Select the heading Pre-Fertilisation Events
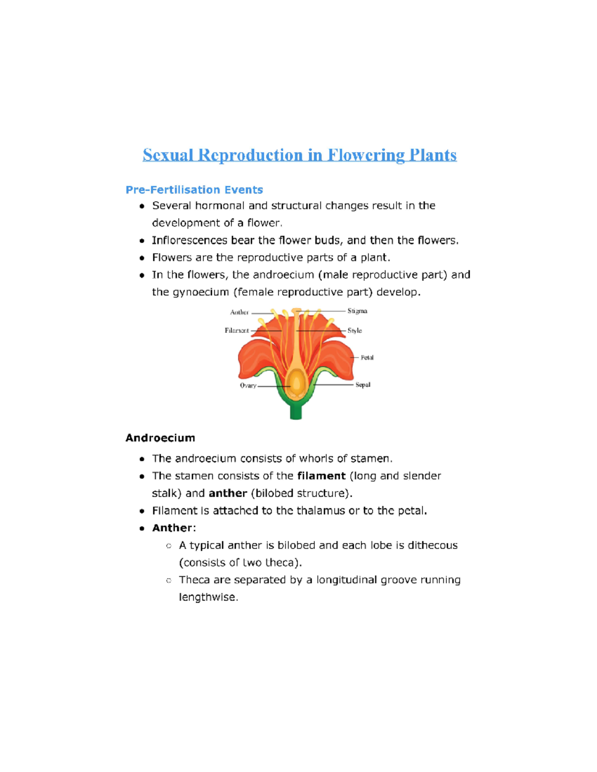click(194, 190)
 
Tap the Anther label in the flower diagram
click(239, 312)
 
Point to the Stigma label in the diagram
click(357, 311)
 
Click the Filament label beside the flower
click(237, 330)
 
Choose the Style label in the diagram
click(355, 330)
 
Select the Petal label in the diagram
click(367, 357)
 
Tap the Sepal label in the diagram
click(363, 384)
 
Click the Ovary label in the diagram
click(248, 385)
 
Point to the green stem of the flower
click(296, 411)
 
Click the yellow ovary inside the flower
click(297, 383)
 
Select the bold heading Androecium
click(160, 438)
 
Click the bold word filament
click(321, 476)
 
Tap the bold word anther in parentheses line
click(228, 493)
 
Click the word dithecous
click(432, 545)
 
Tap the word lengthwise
click(208, 597)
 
